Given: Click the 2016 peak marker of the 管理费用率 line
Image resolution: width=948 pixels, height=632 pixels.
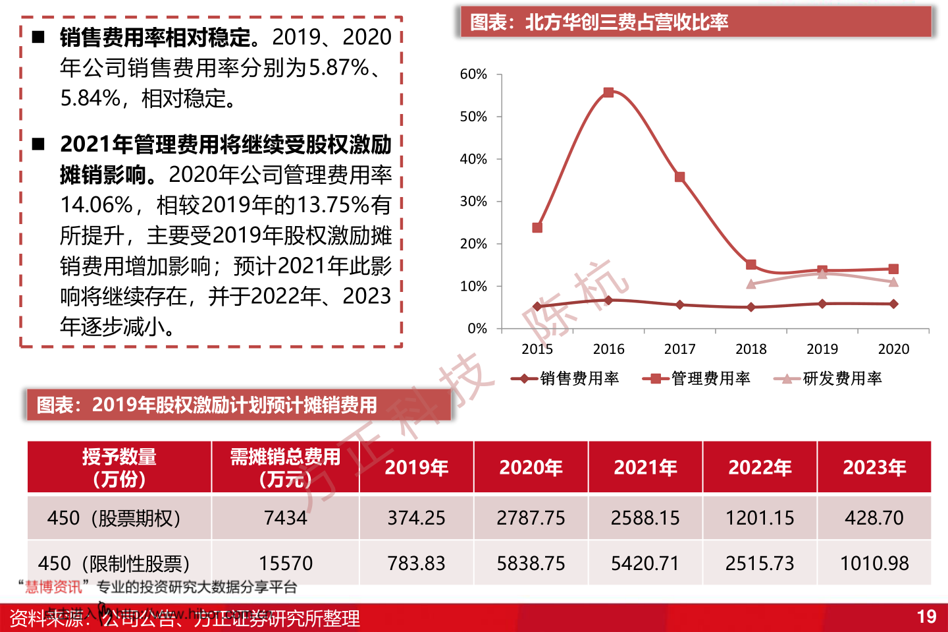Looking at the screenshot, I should tap(608, 92).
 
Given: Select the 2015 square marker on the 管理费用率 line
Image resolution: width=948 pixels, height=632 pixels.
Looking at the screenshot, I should tap(537, 227).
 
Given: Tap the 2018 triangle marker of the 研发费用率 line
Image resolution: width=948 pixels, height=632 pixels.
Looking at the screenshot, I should tap(751, 284).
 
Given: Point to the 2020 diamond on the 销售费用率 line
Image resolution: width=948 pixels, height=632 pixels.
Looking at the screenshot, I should tap(893, 304).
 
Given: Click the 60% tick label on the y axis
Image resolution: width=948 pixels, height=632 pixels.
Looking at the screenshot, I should tap(473, 74).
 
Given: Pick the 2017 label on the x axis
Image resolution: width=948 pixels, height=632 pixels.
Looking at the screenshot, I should tap(679, 349).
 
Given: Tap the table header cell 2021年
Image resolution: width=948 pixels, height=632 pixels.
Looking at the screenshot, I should tap(645, 467).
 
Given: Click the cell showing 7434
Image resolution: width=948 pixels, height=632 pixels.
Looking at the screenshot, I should tap(285, 518).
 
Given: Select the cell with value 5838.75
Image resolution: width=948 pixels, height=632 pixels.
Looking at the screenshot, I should tap(531, 563).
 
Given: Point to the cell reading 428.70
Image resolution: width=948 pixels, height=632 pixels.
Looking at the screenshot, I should tap(874, 518).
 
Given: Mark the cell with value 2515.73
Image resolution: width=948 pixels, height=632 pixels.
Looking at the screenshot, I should tap(760, 563).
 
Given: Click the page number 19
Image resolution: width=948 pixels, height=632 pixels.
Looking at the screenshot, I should tap(926, 617).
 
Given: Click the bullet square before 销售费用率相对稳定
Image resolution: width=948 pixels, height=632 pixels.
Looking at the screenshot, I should tap(39, 38).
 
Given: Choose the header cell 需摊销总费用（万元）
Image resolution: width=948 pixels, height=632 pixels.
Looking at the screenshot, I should tap(285, 467).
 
